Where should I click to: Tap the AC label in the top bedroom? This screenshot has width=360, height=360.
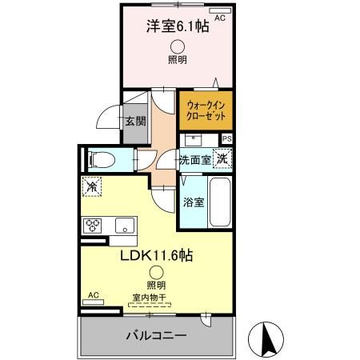point(221,15)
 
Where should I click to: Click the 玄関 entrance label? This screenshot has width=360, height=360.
point(135,122)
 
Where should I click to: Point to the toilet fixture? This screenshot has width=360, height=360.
point(100,159)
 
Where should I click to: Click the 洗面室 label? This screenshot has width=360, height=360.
point(195,159)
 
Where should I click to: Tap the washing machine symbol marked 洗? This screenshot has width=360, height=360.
point(223,158)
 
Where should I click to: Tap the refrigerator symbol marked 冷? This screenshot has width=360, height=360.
point(93,186)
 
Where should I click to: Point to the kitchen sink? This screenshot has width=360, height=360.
point(124,225)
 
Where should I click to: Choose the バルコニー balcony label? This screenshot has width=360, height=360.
point(156,335)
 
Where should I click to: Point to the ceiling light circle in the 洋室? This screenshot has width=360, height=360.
point(177,46)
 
